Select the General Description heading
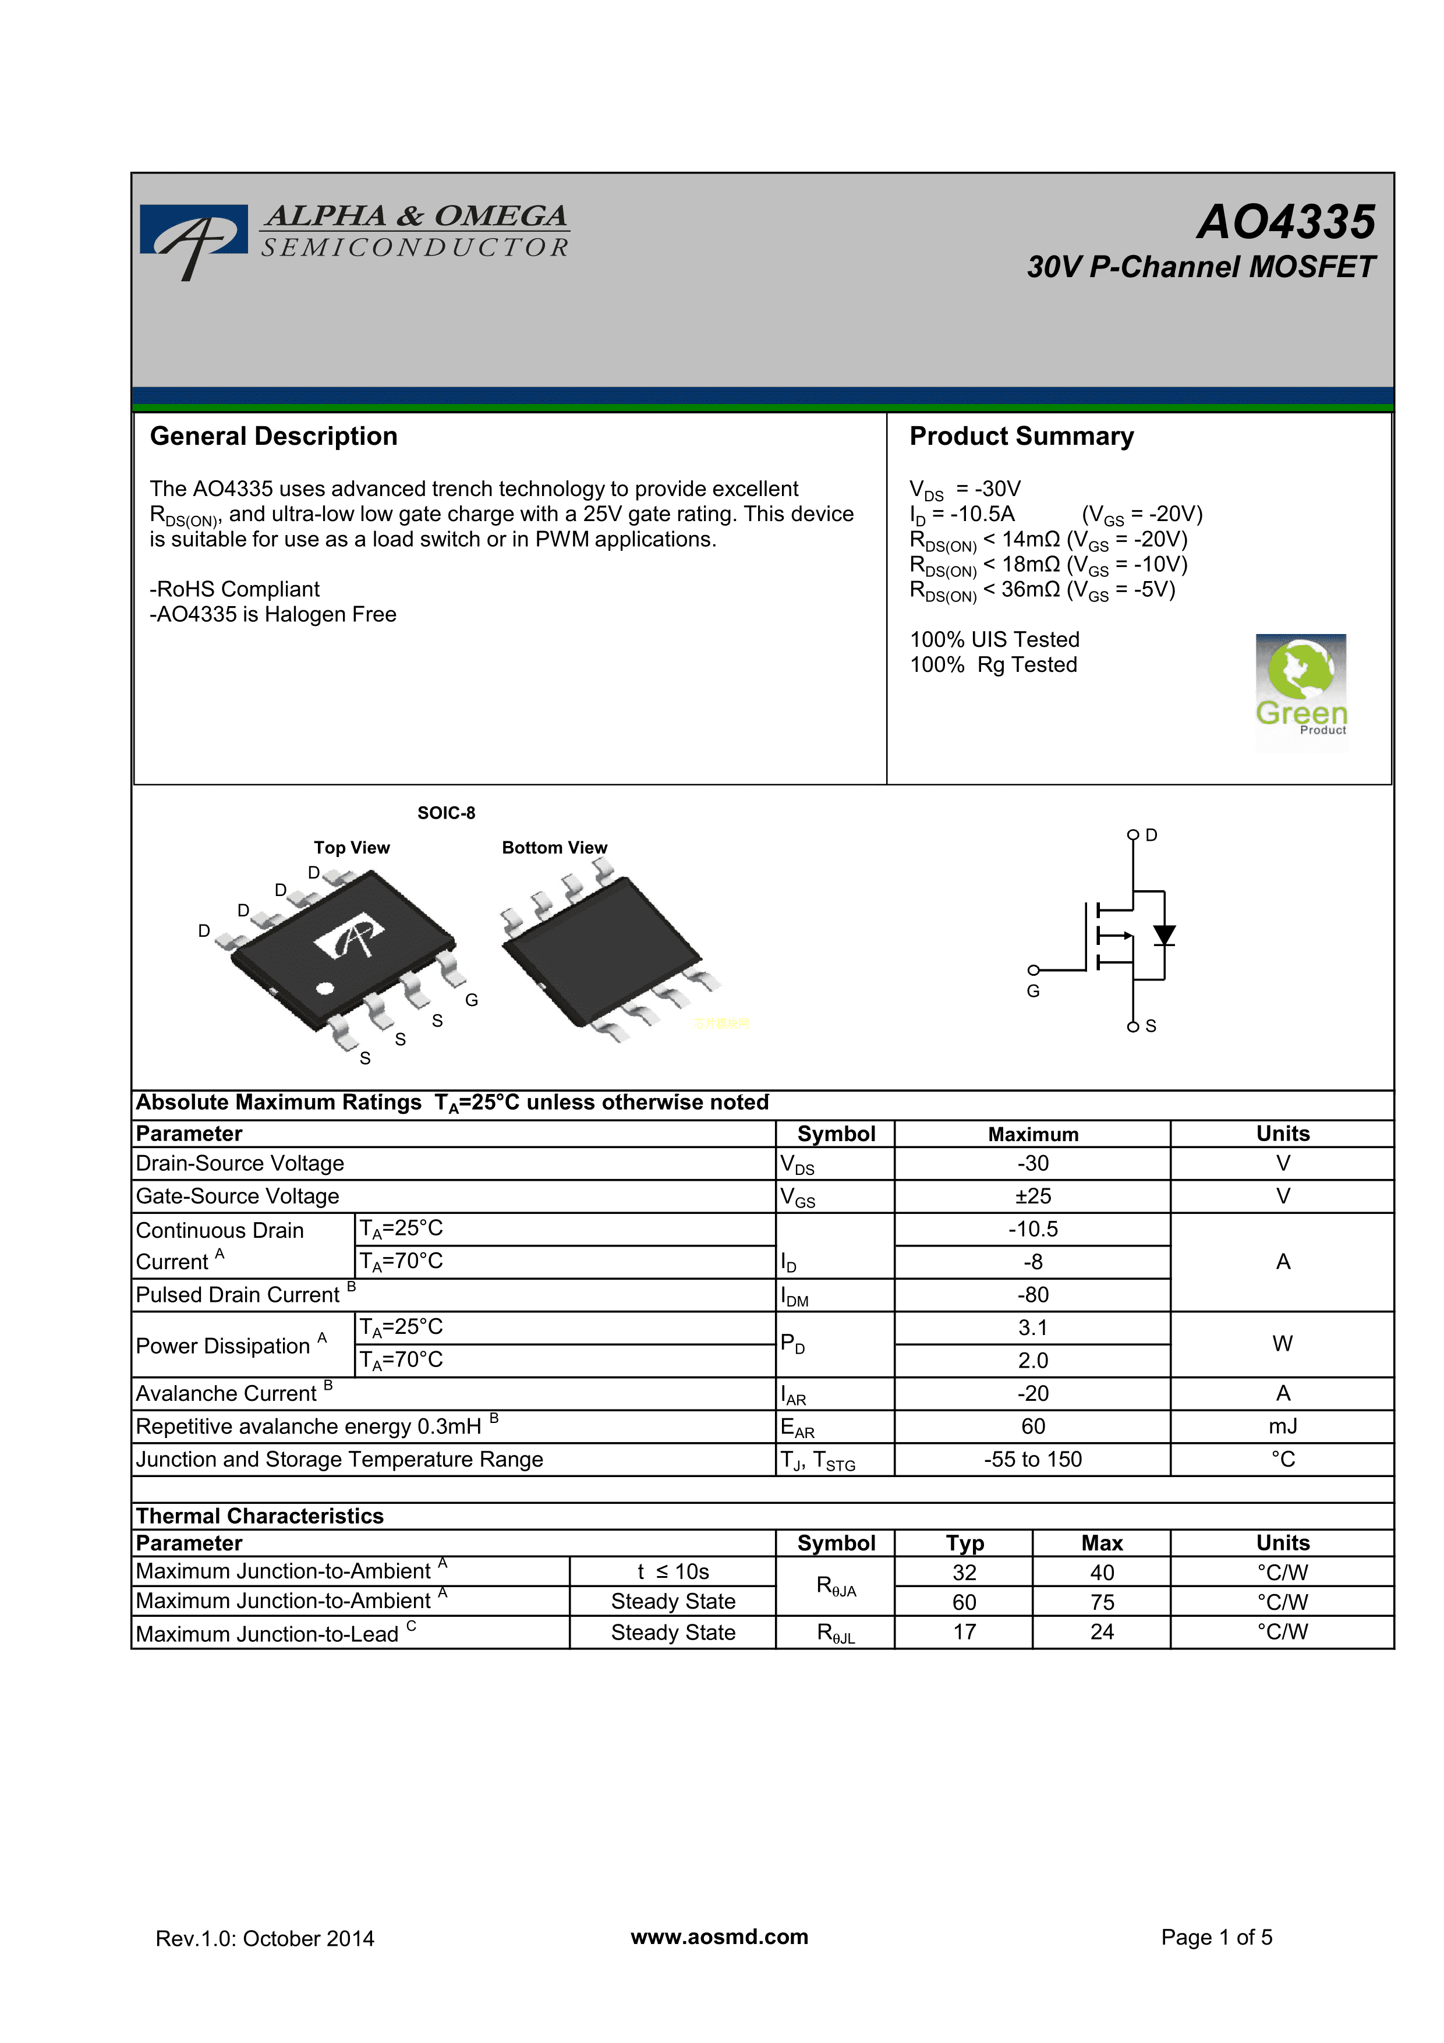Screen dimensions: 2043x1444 point(273,436)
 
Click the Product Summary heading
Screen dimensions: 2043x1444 point(1021,436)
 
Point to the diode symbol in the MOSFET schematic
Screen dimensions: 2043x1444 point(1164,934)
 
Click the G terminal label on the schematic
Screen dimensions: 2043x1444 point(1033,992)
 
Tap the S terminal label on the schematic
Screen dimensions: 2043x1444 point(1151,1026)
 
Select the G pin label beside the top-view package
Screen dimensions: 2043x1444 point(472,1000)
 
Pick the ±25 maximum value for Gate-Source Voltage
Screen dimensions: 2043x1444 point(1032,1196)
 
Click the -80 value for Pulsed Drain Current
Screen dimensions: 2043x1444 point(1032,1295)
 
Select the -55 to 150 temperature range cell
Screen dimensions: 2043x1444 point(1032,1459)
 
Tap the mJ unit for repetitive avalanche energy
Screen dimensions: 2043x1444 point(1282,1426)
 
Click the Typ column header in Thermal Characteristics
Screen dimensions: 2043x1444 point(964,1543)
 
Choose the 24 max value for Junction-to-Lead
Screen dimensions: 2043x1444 point(1102,1632)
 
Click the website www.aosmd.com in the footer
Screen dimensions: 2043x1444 point(719,1937)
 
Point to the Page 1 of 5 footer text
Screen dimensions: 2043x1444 point(1216,1937)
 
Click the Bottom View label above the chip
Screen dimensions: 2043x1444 point(554,847)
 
